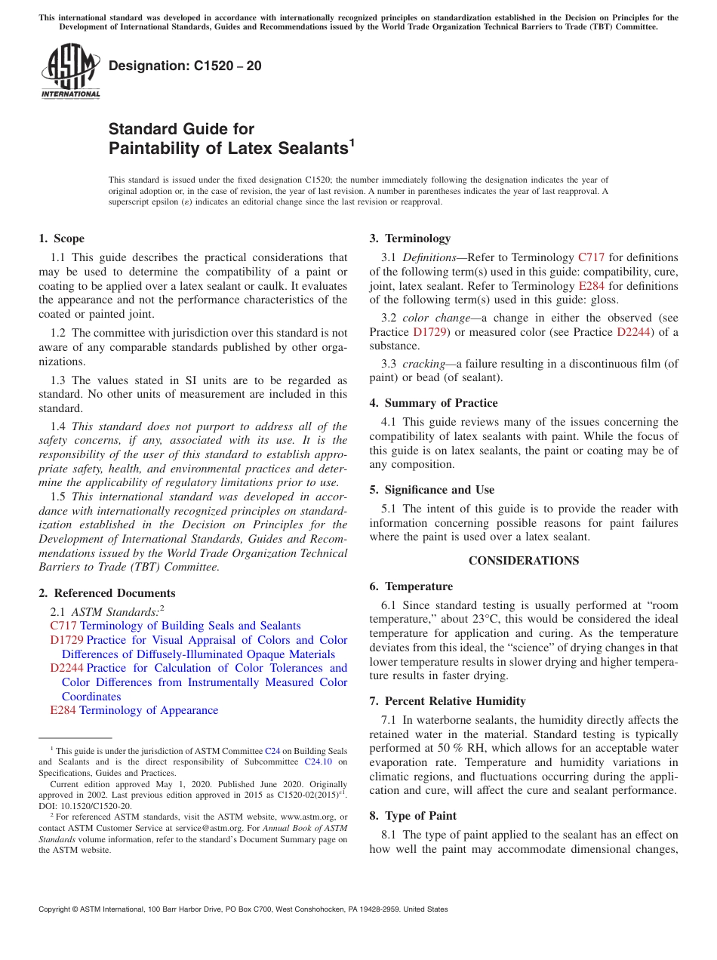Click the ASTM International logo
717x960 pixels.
coord(70,72)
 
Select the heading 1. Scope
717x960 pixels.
coord(61,238)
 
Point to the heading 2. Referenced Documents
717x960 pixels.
coord(106,593)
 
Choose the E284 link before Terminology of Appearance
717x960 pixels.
coord(63,710)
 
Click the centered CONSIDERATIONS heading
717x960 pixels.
coord(524,561)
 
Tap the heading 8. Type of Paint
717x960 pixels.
coord(413,816)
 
